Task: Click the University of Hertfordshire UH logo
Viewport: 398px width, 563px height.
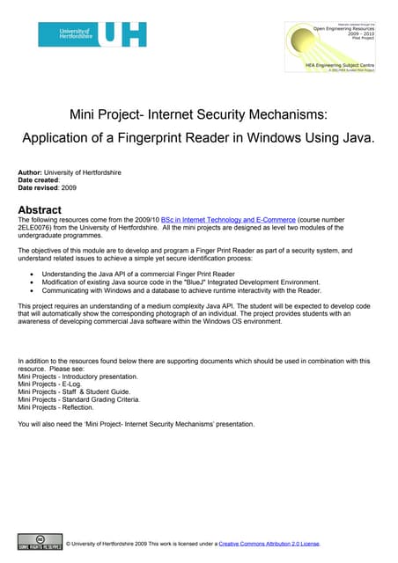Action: pyautogui.click(x=92, y=35)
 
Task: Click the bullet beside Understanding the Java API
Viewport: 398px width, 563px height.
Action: pyautogui.click(x=32, y=274)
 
